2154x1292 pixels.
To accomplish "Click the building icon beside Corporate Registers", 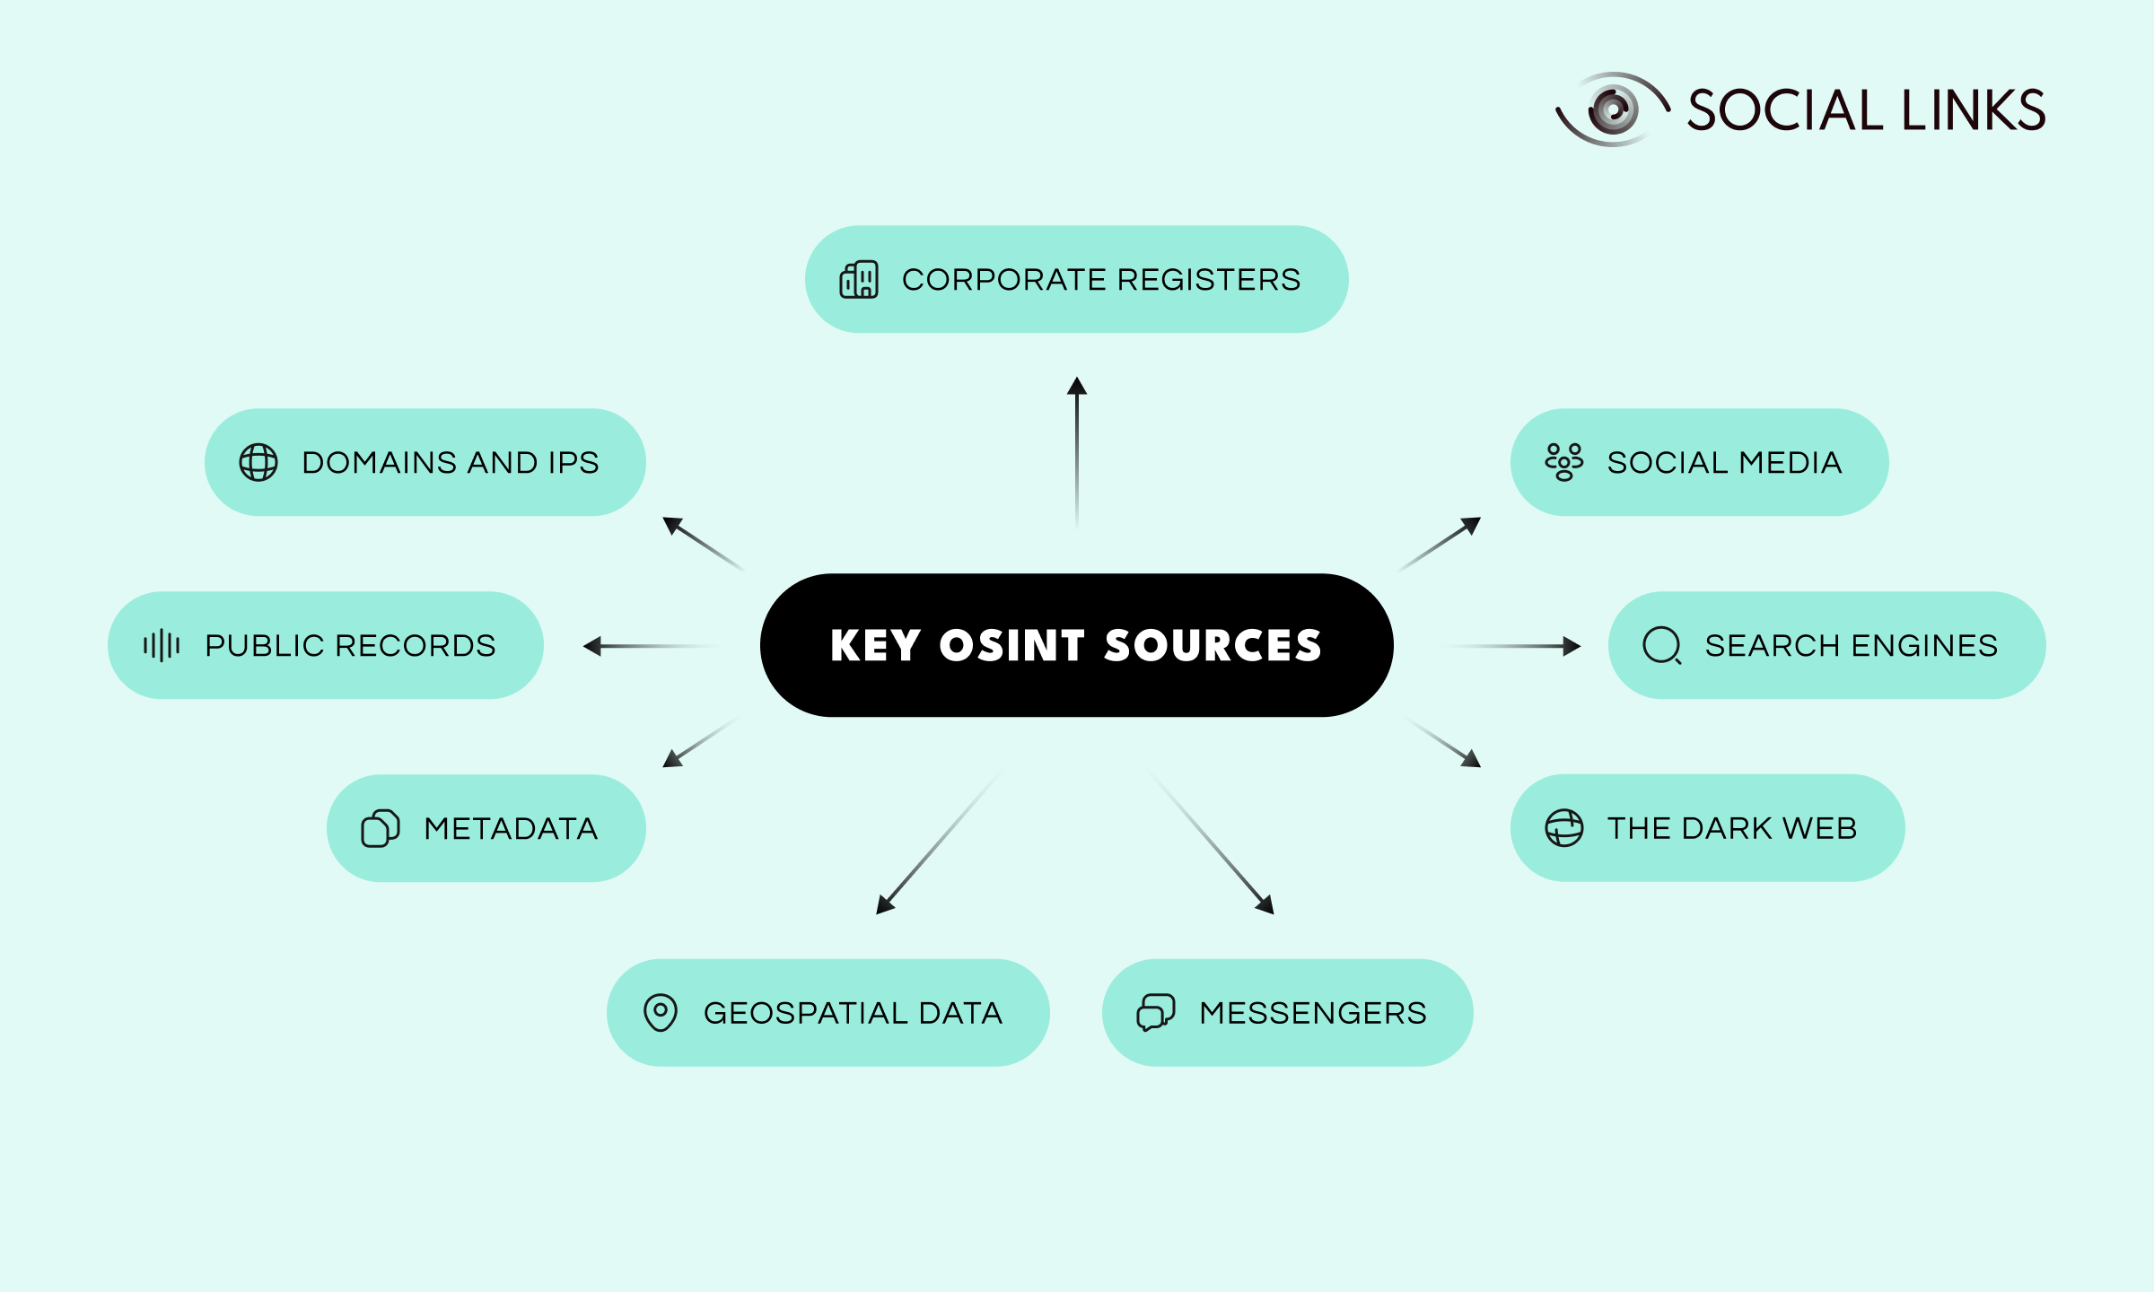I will point(859,280).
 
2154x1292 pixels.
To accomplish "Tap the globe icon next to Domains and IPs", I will point(258,463).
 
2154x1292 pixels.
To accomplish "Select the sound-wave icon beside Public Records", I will point(162,645).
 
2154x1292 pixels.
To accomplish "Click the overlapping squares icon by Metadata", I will point(381,828).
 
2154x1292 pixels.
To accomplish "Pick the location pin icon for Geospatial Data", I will point(661,1013).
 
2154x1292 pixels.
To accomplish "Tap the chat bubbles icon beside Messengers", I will point(1156,1013).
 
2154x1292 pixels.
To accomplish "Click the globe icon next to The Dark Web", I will point(1564,828).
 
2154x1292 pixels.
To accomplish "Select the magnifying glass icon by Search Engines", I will point(1662,645).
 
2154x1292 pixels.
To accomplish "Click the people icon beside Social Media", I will point(1564,462).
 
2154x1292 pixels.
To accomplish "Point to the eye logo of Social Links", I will point(1613,109).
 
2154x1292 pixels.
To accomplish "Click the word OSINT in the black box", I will point(1012,646).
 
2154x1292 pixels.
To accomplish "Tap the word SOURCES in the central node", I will point(1213,646).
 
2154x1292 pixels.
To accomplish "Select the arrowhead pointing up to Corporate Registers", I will point(1077,387).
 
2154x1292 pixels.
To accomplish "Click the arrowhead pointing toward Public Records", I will point(592,646).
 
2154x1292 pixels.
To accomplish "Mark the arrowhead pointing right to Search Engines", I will point(1571,646).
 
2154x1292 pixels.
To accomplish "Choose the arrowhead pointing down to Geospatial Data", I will point(884,906).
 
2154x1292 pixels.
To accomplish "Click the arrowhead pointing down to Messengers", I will point(1266,906).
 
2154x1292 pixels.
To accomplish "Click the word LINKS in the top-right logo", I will point(1974,110).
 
